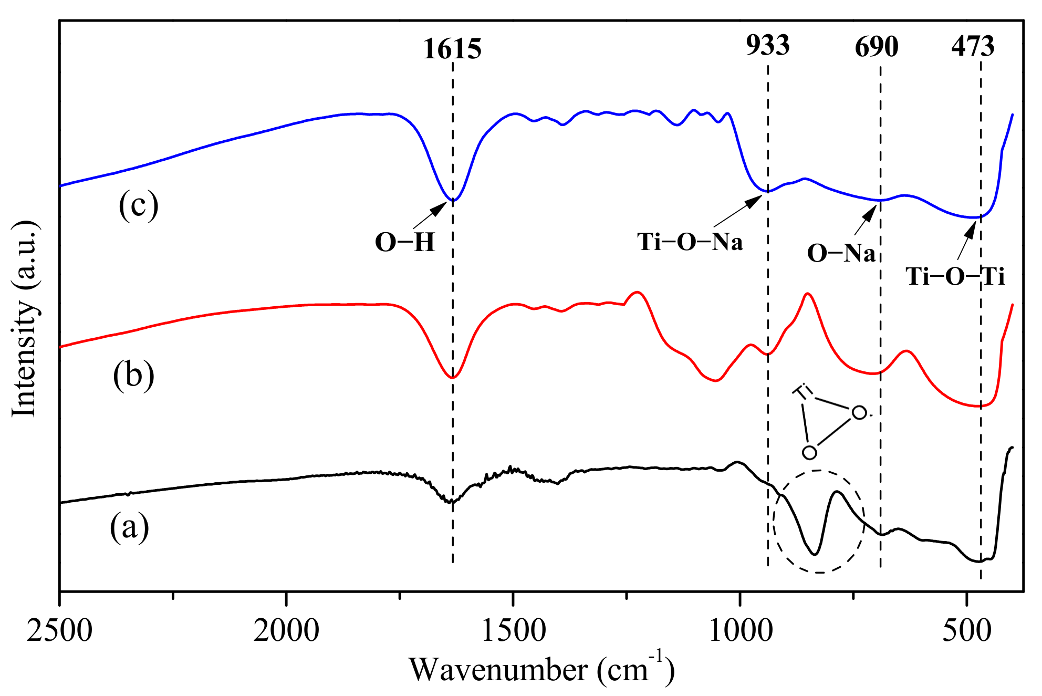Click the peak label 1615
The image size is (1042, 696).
452,49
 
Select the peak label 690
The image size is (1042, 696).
877,47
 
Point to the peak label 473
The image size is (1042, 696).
973,47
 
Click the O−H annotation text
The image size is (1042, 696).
405,243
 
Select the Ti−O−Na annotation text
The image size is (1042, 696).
690,242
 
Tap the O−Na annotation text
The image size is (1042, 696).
841,253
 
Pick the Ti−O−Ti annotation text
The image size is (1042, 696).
955,276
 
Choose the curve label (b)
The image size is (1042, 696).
133,375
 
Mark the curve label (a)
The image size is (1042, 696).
129,527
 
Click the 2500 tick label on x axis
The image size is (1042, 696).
59,630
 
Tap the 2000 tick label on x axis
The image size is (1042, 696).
286,630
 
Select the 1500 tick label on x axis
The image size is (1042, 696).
513,630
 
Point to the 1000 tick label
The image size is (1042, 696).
740,630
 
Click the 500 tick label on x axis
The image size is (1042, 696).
966,630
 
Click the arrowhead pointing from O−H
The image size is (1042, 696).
440,209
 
